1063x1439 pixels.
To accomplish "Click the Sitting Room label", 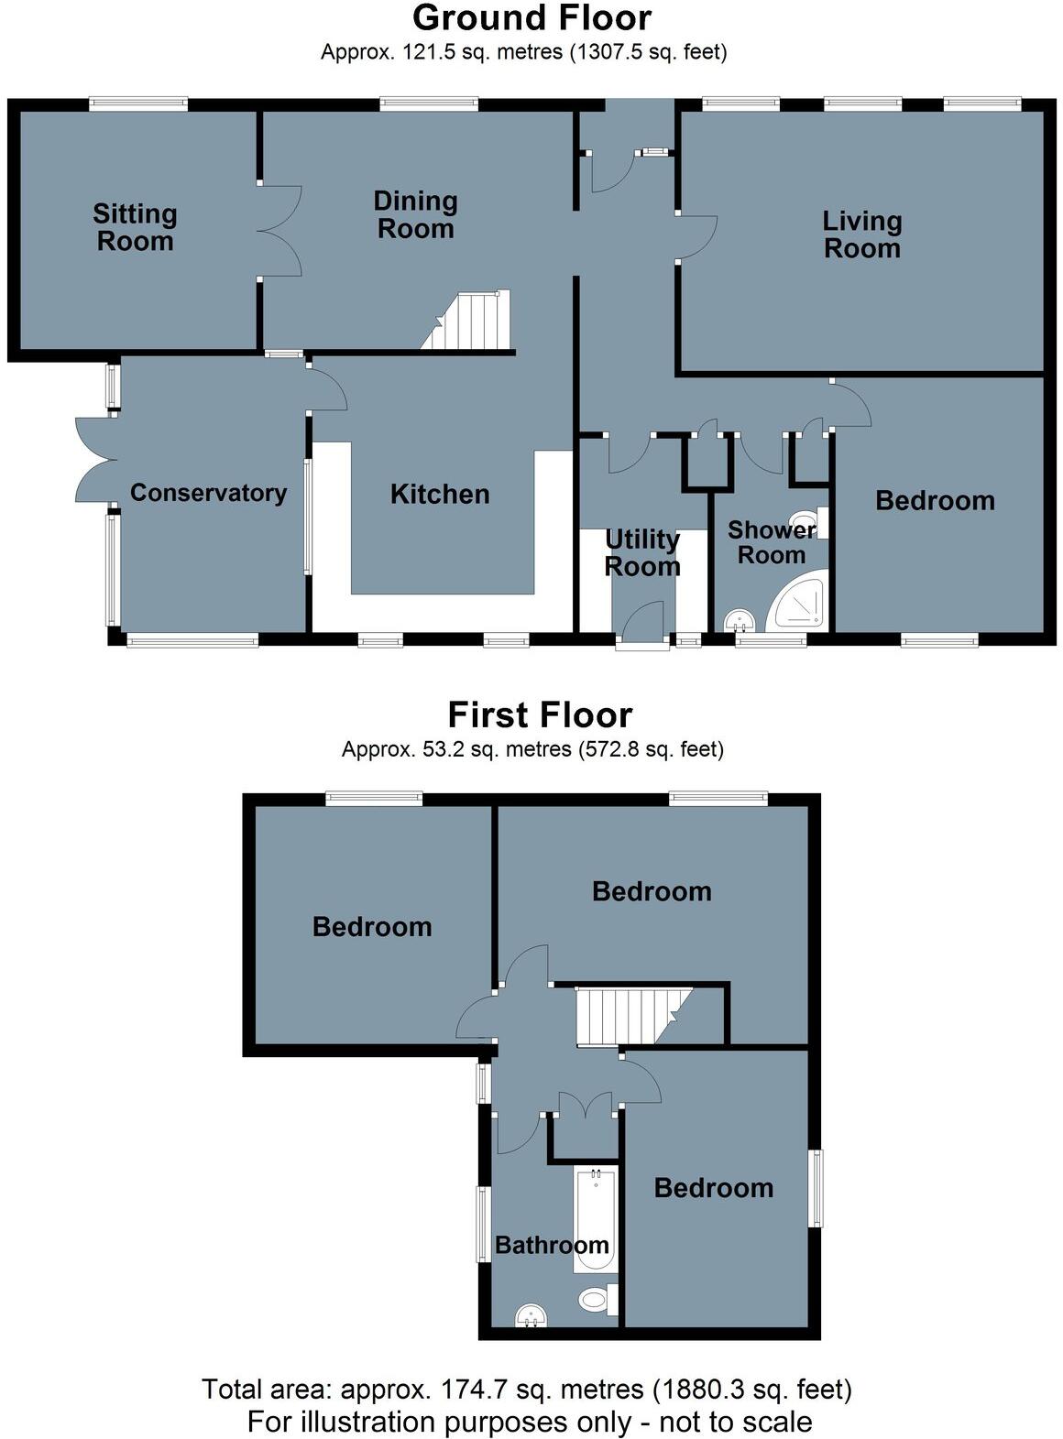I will pyautogui.click(x=135, y=227).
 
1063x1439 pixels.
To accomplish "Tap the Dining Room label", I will pyautogui.click(x=415, y=214).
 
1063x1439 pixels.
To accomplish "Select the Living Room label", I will pyautogui.click(x=861, y=234).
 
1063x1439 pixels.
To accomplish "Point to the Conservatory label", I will pyautogui.click(x=208, y=493).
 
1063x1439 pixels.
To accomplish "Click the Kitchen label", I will pyautogui.click(x=440, y=495).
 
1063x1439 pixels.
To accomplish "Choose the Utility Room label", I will pyautogui.click(x=641, y=552).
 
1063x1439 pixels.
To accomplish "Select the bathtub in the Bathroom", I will pyautogui.click(x=596, y=1218).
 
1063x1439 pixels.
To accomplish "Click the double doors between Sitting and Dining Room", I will pyautogui.click(x=280, y=231).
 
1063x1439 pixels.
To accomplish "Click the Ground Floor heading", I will pyautogui.click(x=531, y=18).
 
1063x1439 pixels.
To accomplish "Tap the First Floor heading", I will pyautogui.click(x=539, y=714).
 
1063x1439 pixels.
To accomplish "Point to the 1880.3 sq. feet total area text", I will pyautogui.click(x=751, y=1390).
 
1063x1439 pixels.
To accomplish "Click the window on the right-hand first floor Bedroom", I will pyautogui.click(x=816, y=1188).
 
